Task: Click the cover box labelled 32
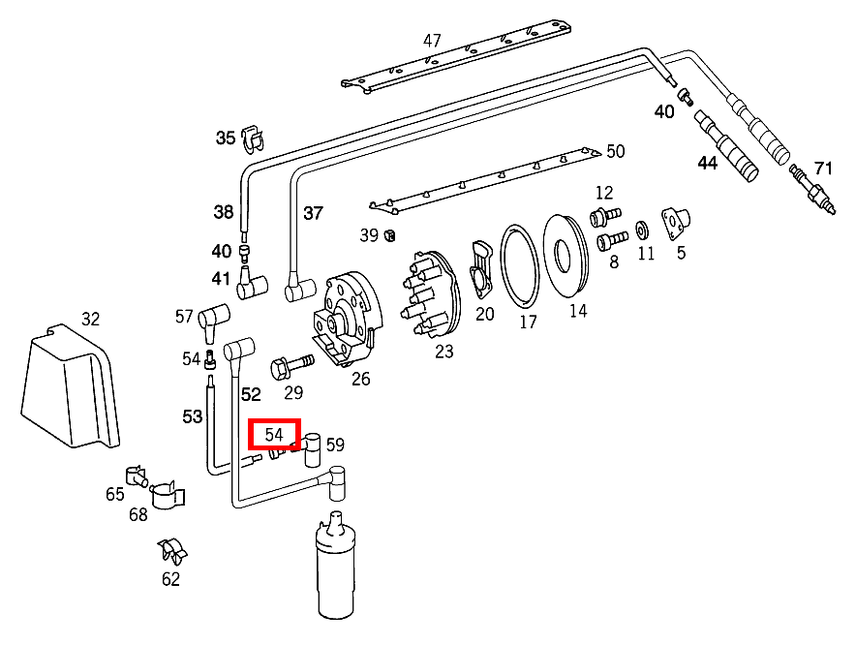(x=70, y=387)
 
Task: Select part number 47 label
(x=432, y=41)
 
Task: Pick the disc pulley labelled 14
(x=566, y=256)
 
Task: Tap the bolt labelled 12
(x=603, y=213)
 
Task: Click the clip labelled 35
(x=252, y=139)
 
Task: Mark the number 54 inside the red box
(x=274, y=434)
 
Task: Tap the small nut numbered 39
(x=388, y=235)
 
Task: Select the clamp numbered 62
(x=173, y=552)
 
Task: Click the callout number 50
(x=616, y=151)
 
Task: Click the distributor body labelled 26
(x=343, y=319)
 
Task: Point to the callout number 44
(x=708, y=163)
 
